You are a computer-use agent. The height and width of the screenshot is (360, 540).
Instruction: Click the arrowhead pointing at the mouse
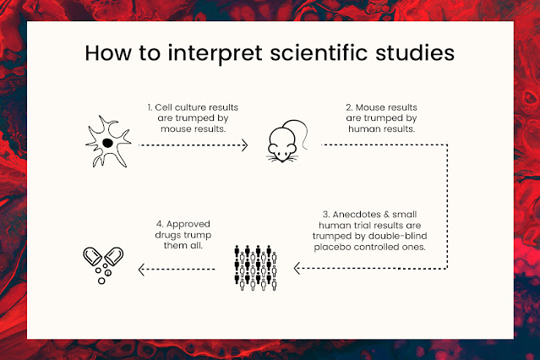click(245, 145)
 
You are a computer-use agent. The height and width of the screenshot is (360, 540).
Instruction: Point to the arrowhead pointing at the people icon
click(297, 269)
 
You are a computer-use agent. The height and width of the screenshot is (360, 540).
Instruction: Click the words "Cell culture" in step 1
click(184, 108)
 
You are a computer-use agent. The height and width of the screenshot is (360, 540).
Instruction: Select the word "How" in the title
click(108, 52)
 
